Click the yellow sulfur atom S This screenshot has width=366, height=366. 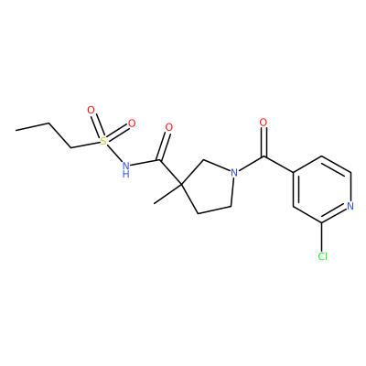point(103,141)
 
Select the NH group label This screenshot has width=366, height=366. point(126,169)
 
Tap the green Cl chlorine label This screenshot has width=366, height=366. point(322,256)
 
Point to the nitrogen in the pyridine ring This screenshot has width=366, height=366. point(350,206)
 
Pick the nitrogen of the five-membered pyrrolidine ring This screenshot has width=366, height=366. point(234,173)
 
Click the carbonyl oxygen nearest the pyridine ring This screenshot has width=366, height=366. point(264,123)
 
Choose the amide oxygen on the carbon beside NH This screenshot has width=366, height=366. point(168,127)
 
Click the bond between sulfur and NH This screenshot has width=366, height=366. point(114,154)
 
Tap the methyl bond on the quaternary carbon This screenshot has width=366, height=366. point(167,194)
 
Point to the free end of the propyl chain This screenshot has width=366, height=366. point(16,130)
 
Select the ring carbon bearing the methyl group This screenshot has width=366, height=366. point(181,185)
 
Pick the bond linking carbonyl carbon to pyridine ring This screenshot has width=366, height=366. point(279,165)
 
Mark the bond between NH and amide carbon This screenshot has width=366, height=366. point(145,163)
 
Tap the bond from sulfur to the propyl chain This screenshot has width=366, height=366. point(85,145)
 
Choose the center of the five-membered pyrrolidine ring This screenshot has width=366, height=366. point(209,186)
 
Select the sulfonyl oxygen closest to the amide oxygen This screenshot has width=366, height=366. point(132,124)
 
